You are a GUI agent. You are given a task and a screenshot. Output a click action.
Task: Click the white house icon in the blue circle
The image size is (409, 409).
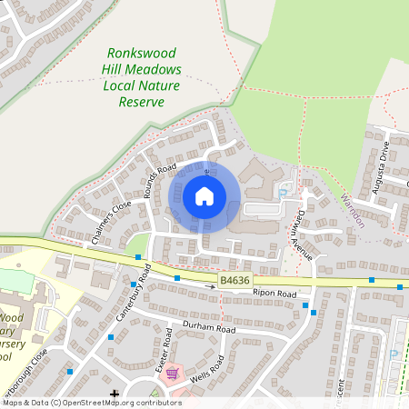pos(204,195)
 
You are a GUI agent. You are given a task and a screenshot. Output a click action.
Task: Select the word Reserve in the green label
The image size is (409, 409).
pos(142,102)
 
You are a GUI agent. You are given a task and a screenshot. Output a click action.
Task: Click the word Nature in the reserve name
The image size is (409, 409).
pos(158,85)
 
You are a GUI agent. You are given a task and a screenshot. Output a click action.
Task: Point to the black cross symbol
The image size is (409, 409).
pos(115,394)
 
